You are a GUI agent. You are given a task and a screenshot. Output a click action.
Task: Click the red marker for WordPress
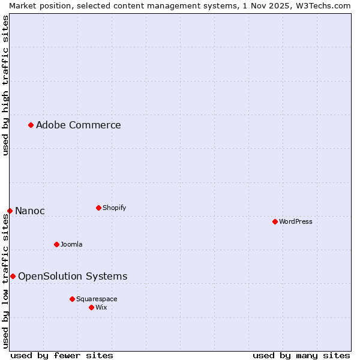tap(275, 221)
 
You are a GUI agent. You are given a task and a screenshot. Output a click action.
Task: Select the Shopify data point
tap(98, 208)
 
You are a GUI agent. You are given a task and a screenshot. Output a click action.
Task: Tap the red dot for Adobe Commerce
tap(31, 125)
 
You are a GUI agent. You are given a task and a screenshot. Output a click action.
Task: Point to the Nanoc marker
tap(10, 211)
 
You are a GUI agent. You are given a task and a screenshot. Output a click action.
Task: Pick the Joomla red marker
tap(56, 244)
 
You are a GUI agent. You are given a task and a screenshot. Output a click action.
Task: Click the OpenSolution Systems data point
tap(13, 276)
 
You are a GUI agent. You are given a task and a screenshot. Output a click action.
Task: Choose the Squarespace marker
tap(72, 299)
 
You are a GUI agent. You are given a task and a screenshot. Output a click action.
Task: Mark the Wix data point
tap(91, 307)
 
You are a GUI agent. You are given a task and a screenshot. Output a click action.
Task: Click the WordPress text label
tap(296, 221)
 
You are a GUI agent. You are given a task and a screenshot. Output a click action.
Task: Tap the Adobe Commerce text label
tap(79, 125)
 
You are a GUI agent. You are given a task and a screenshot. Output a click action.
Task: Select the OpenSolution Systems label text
tap(73, 276)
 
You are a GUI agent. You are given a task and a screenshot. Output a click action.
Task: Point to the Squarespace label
tap(97, 299)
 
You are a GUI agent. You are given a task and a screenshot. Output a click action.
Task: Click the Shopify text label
tap(115, 208)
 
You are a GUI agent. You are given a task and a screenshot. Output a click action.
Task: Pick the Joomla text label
tap(71, 244)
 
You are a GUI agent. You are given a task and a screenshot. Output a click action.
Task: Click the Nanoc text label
tap(30, 211)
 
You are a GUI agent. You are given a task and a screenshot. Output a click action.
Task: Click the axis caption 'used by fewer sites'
tap(62, 355)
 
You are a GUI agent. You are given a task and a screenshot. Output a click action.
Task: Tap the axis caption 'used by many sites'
tap(301, 355)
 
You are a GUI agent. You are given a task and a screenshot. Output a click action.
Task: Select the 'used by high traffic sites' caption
tap(5, 85)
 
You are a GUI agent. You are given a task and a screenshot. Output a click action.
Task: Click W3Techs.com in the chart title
tap(322, 5)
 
